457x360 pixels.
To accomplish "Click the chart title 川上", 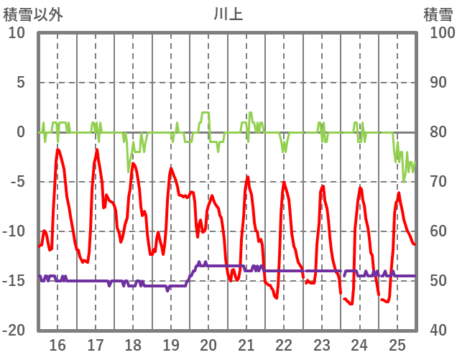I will point(228,14).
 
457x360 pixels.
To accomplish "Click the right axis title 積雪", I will point(437,14).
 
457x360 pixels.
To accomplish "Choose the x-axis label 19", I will point(170,343).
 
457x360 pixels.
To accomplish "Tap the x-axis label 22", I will point(284,343).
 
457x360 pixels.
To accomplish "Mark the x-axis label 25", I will point(397,343).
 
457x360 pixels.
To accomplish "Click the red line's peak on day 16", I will point(58,149).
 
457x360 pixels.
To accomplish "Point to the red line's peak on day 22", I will point(285,183).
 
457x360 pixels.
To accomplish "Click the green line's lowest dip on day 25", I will point(404,181).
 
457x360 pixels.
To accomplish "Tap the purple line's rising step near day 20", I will point(193,271).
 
